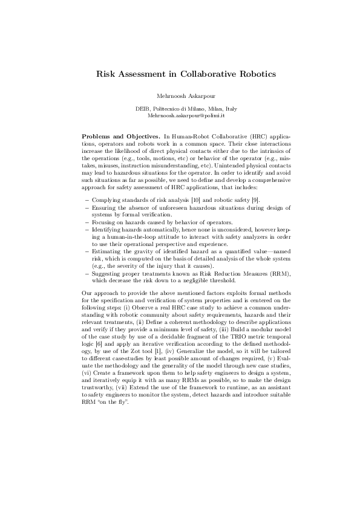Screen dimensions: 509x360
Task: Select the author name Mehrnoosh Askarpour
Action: pyautogui.click(x=180, y=96)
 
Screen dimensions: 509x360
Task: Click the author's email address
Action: pyautogui.click(x=180, y=114)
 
